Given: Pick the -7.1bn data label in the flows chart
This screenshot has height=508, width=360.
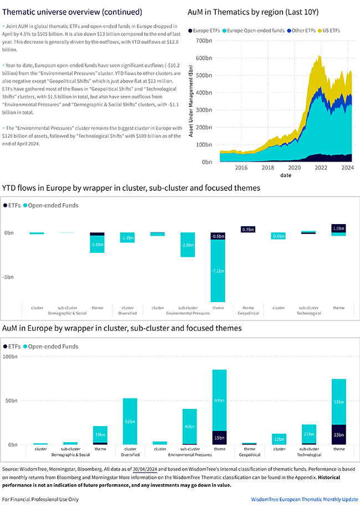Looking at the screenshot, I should click(218, 271).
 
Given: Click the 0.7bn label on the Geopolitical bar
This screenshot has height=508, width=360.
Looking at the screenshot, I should click(248, 229).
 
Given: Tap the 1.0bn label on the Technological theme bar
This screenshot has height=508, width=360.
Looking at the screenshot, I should click(338, 228).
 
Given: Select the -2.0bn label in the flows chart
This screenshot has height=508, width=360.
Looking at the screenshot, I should click(97, 244).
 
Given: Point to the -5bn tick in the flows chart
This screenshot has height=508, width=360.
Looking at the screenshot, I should click(8, 277).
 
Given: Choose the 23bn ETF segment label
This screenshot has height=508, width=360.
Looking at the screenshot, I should click(338, 435).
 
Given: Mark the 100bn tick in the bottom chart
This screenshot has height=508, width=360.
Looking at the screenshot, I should click(10, 356).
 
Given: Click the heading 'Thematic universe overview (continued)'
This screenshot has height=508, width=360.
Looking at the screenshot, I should click(72, 12).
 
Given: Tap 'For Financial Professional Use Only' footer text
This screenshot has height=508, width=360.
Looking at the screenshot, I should click(40, 499).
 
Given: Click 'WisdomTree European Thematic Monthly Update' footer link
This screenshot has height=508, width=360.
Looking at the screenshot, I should click(304, 499).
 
